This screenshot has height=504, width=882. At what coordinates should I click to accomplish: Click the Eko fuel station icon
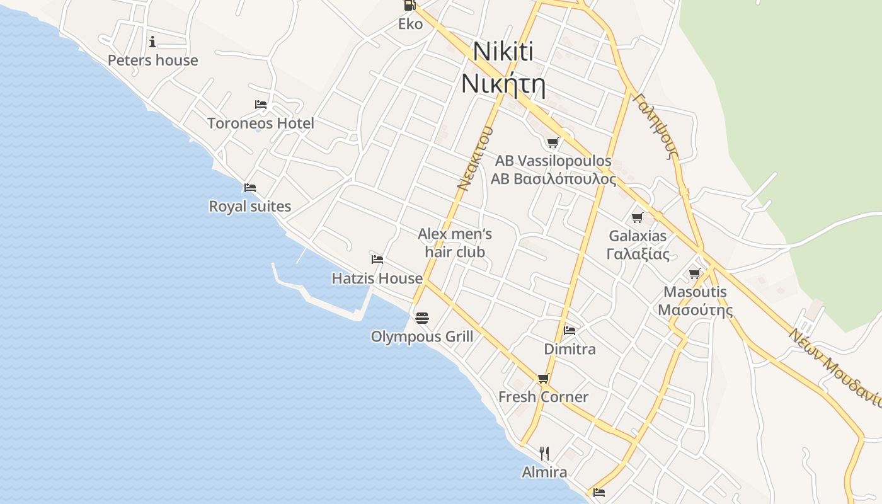click(409, 5)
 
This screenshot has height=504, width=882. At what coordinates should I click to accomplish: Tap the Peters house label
click(152, 60)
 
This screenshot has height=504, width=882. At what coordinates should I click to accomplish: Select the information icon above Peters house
click(152, 42)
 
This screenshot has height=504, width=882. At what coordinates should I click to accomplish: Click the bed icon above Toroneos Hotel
click(261, 104)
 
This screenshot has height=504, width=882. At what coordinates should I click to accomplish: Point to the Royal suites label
click(249, 207)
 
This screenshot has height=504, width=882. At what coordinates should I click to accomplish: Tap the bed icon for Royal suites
click(250, 187)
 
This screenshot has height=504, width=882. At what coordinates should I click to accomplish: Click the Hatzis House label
click(377, 278)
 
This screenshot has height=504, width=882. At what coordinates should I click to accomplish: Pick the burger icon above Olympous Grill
click(422, 318)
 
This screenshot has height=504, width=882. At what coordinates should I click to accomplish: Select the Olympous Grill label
click(421, 336)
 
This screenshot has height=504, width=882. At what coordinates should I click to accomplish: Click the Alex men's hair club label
click(455, 243)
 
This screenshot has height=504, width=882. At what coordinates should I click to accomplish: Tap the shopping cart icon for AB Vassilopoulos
click(553, 142)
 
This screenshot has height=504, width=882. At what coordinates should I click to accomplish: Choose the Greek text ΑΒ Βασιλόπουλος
click(553, 179)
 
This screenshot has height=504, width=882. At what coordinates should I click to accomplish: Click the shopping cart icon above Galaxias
click(637, 218)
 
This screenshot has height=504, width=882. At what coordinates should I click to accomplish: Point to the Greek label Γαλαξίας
click(638, 255)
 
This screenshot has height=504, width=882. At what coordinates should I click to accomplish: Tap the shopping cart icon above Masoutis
click(694, 273)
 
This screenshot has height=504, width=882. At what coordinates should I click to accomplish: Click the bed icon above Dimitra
click(570, 330)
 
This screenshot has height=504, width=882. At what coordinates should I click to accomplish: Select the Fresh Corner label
click(543, 397)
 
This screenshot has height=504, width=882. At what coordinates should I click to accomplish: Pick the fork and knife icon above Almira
click(544, 453)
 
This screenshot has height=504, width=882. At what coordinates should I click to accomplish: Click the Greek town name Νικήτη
click(503, 84)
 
